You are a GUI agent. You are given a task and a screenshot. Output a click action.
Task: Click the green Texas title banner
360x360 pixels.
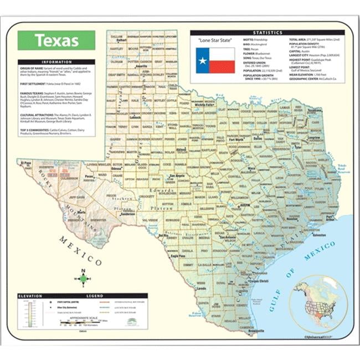(x=56, y=40)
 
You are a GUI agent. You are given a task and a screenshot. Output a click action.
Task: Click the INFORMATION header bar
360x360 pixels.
(x=56, y=62)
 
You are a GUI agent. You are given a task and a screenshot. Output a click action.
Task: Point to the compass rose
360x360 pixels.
(x=83, y=279)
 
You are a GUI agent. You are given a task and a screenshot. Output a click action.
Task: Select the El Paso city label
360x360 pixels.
(x=25, y=163)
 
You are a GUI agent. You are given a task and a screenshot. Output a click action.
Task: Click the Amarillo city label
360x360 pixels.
(x=142, y=66)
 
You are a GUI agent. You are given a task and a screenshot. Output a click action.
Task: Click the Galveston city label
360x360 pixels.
(x=320, y=234)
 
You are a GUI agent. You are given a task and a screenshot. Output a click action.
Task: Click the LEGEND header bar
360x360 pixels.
(x=95, y=296)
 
